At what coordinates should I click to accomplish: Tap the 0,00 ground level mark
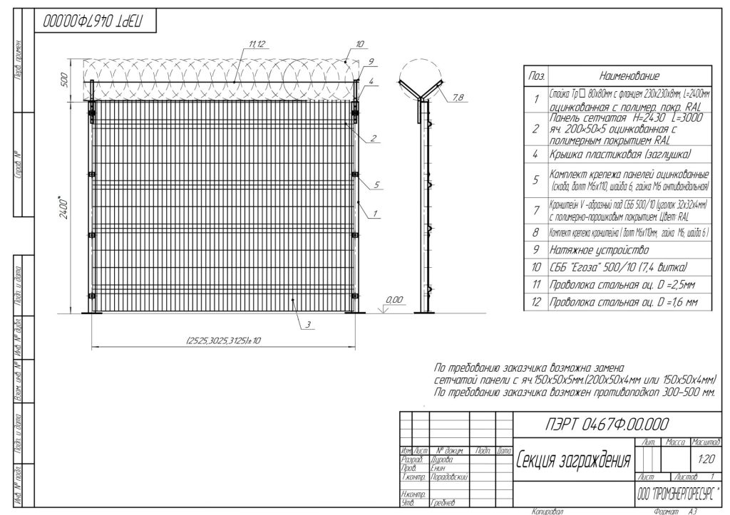point(394,299)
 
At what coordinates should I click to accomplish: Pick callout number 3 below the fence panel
point(308,325)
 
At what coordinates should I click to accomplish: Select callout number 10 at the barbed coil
point(359,44)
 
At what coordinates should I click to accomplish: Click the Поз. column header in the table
point(536,76)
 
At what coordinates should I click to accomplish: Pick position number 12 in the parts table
point(536,303)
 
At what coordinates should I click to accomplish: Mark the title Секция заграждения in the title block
point(573,459)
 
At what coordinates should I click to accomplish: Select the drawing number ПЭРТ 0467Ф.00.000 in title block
point(606,425)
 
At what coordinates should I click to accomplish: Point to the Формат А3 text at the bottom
point(669,511)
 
